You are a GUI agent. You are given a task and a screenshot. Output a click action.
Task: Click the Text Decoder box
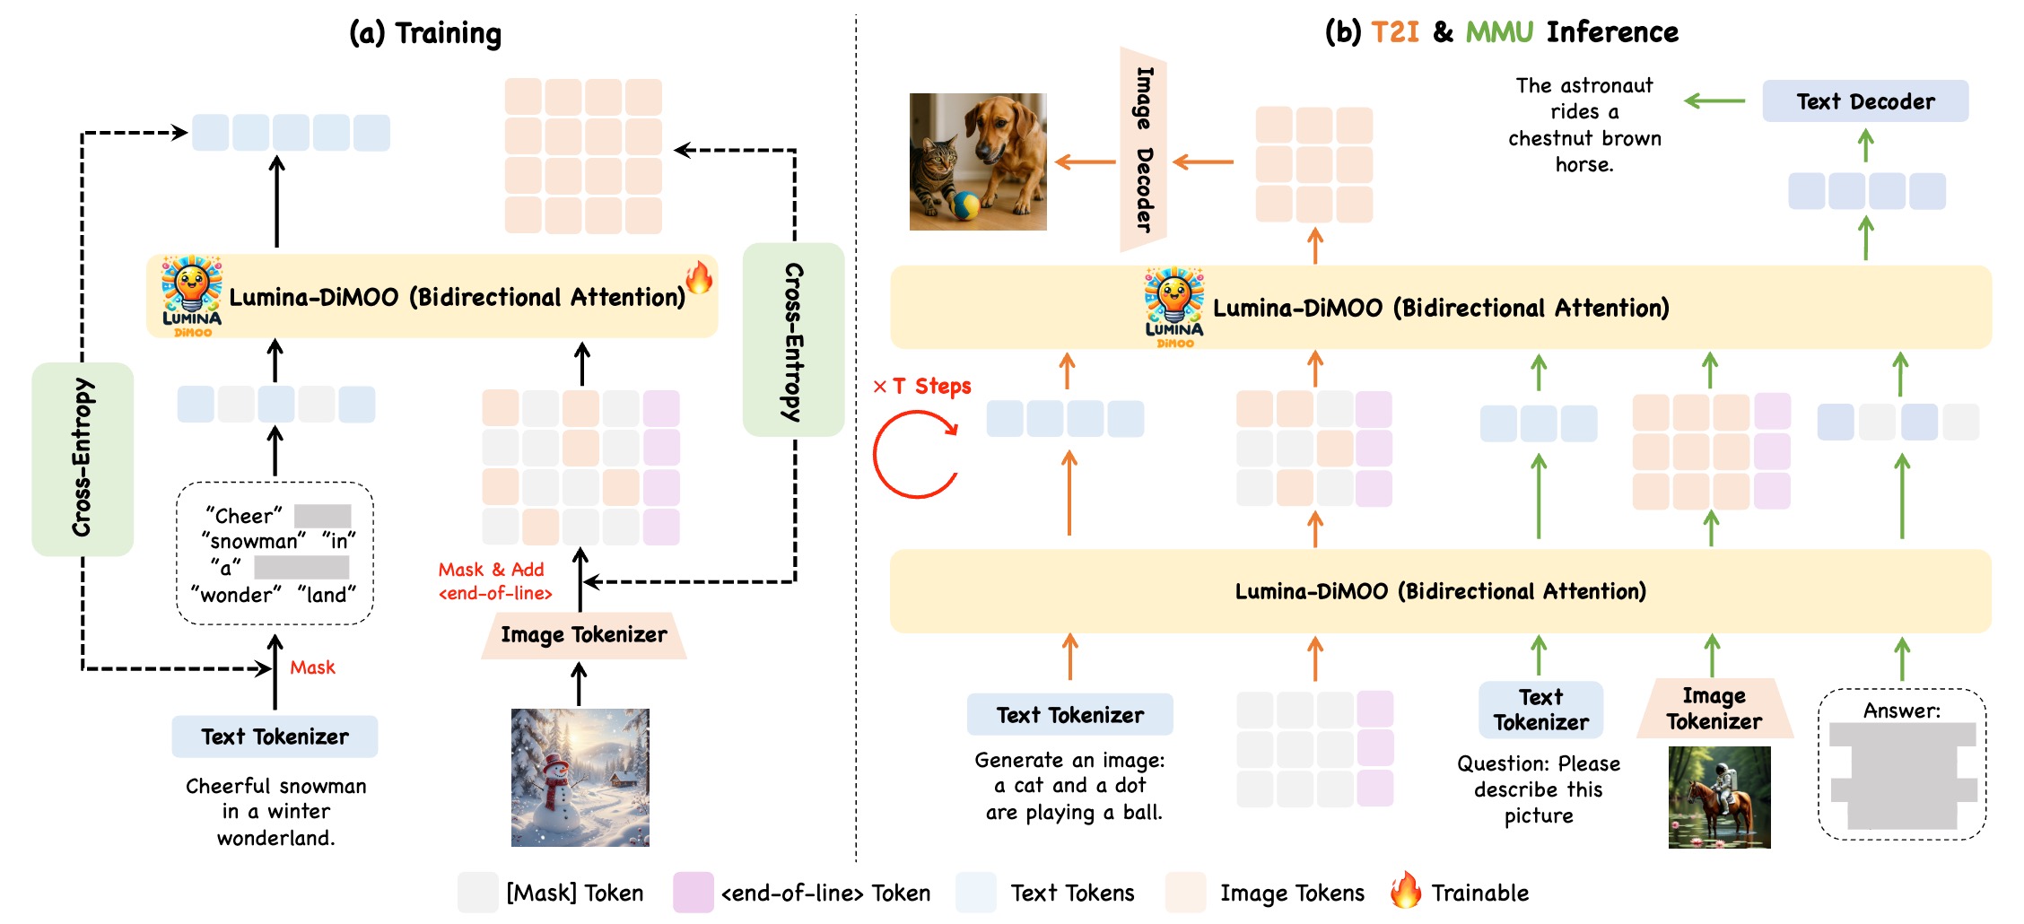(x=1865, y=101)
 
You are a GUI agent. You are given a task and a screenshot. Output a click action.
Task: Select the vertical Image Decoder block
(x=1143, y=150)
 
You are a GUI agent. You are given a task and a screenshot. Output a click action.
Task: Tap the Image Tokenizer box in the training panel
(x=583, y=635)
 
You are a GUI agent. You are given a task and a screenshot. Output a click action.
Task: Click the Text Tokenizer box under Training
(x=275, y=737)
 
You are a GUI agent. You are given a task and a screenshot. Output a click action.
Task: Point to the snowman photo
(x=580, y=778)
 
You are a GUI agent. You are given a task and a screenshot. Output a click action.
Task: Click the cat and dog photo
(x=978, y=161)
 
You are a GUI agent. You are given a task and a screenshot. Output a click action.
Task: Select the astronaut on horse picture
(x=1719, y=798)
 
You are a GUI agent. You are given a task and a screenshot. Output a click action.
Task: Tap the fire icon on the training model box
(x=699, y=277)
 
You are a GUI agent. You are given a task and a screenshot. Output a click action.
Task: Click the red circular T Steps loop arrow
(x=916, y=454)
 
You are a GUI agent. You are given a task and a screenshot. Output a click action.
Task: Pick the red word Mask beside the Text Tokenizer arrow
(x=312, y=667)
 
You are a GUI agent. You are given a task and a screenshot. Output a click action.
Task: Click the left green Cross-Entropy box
(x=83, y=458)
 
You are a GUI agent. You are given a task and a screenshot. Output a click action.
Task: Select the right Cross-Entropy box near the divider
(x=793, y=341)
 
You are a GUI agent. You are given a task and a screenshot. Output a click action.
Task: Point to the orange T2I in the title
(x=1395, y=32)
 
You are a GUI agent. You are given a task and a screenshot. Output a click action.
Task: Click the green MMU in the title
(x=1499, y=32)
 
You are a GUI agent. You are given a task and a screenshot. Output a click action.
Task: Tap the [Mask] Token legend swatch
(x=477, y=893)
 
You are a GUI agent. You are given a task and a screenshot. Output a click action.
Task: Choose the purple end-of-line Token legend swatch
(x=693, y=893)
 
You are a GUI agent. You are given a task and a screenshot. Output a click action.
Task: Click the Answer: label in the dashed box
(x=1901, y=710)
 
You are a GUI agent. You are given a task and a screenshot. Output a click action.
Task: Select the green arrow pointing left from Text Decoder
(x=1714, y=101)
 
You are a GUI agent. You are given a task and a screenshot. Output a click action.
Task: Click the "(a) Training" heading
(x=425, y=33)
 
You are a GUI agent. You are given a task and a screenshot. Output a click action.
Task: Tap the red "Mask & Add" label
(x=491, y=570)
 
